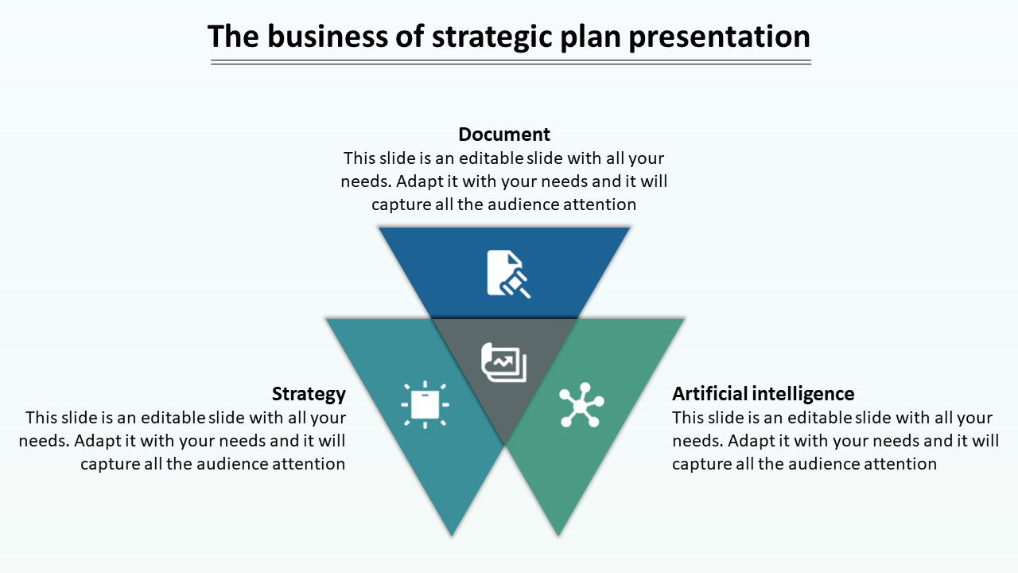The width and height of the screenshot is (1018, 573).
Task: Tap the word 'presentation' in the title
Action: [x=720, y=37]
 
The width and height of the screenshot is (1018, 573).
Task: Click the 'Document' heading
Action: [x=504, y=134]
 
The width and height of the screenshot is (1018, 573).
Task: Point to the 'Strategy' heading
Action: [x=309, y=394]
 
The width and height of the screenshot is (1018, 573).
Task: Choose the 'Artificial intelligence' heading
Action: [x=763, y=394]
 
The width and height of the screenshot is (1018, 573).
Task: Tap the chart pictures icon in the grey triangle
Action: [x=503, y=362]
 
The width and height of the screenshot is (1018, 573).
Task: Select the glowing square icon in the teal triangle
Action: [x=425, y=404]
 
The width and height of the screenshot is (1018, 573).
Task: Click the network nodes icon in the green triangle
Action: [x=581, y=405]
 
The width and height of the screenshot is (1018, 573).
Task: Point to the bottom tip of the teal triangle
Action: [x=452, y=536]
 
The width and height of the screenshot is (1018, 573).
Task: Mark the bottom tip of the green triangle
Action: [x=558, y=536]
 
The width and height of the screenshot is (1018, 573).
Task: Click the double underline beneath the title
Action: [x=511, y=62]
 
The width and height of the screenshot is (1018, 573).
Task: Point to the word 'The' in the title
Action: [x=234, y=37]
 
